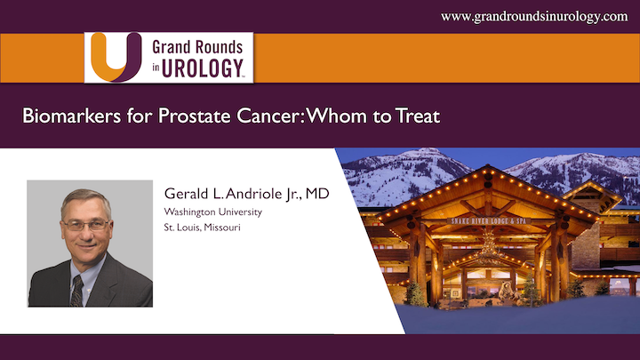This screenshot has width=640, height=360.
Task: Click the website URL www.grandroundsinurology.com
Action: pos(534,17)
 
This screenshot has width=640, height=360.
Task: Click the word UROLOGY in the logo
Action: pos(203,68)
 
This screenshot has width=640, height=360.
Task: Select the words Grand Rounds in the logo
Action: pos(197,47)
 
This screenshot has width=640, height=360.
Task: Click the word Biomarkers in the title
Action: pos(71,116)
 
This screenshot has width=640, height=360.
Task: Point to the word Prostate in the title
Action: pos(195,116)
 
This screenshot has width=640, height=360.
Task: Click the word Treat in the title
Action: pos(418,116)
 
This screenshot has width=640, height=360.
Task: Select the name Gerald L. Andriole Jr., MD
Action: pos(246,194)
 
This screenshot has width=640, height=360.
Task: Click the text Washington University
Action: pos(212,212)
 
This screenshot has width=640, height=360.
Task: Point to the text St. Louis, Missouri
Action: pos(202,228)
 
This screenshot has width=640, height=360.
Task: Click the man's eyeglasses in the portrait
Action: pos(86,225)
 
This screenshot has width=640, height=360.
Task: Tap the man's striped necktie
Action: pos(76,291)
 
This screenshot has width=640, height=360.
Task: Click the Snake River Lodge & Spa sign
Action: pos(489,220)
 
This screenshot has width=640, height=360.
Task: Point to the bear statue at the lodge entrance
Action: pos(506,292)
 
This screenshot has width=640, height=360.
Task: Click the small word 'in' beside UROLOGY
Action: pos(156,68)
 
